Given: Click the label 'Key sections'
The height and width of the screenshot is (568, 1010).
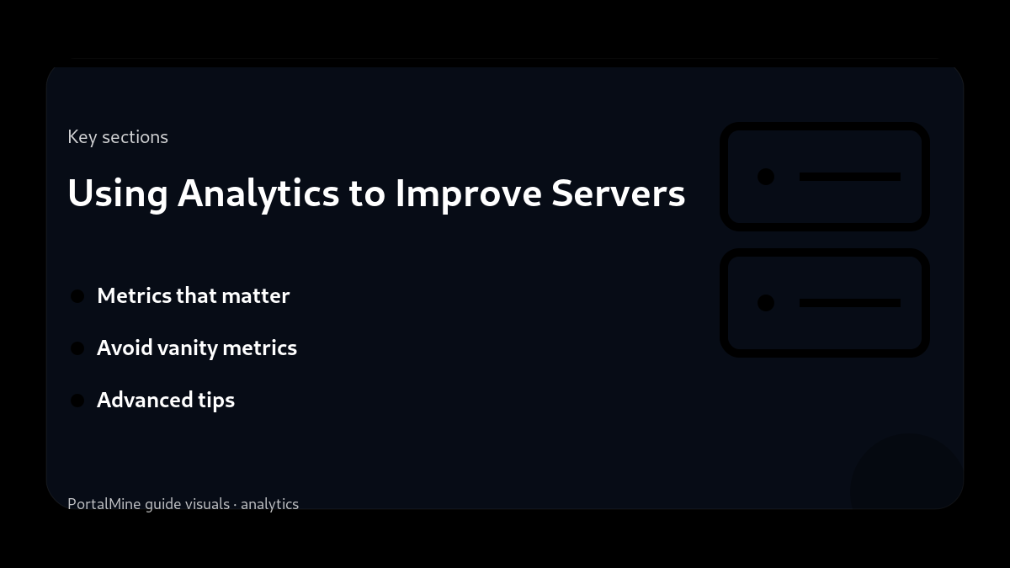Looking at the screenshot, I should pyautogui.click(x=118, y=137).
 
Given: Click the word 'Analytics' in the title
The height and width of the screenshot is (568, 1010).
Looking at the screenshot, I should pyautogui.click(x=258, y=194).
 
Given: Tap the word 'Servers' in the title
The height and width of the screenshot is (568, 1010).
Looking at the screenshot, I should pyautogui.click(x=618, y=194).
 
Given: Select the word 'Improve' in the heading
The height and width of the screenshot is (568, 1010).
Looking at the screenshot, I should pyautogui.click(x=469, y=194).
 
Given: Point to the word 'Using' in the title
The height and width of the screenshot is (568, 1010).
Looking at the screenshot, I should pyautogui.click(x=118, y=194).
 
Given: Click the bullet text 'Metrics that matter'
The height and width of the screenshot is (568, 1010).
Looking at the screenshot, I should pyautogui.click(x=193, y=296).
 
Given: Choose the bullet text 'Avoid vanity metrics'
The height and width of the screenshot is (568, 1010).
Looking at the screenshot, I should pyautogui.click(x=197, y=348).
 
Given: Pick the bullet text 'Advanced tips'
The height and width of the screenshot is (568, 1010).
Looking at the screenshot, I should pyautogui.click(x=166, y=401).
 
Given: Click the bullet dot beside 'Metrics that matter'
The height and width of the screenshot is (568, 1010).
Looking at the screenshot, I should pyautogui.click(x=77, y=296).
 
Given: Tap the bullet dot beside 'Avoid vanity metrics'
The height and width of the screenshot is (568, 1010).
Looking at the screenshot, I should pyautogui.click(x=77, y=348).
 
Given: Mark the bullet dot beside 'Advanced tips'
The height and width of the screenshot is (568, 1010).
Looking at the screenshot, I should pyautogui.click(x=77, y=401).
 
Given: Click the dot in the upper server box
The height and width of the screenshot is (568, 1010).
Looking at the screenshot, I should pyautogui.click(x=766, y=177).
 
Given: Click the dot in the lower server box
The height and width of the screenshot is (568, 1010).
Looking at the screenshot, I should pyautogui.click(x=766, y=303).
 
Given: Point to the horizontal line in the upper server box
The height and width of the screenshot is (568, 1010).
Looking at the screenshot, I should pyautogui.click(x=850, y=177).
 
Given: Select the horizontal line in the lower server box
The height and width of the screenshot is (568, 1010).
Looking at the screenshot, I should pyautogui.click(x=850, y=303).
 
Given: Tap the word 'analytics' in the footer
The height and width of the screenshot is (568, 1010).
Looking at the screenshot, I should pyautogui.click(x=269, y=504).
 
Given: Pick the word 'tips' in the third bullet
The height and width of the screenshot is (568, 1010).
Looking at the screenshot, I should pyautogui.click(x=216, y=401).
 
